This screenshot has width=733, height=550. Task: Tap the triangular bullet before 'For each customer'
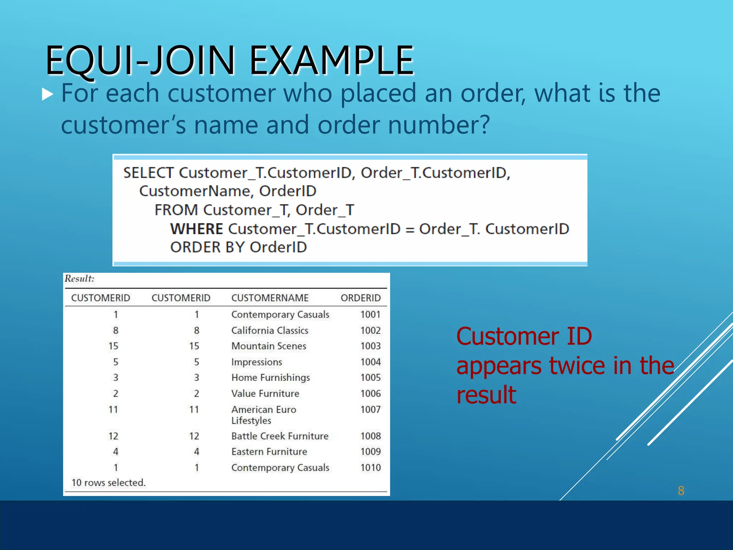tap(47, 94)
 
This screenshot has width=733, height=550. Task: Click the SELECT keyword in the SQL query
tap(149, 173)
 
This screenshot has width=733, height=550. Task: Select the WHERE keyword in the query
tap(196, 229)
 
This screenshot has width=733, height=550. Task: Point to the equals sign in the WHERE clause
tap(409, 230)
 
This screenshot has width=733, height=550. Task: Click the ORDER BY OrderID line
tap(238, 247)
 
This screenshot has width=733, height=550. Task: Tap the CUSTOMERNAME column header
tap(270, 298)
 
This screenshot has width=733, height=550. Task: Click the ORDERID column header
tap(360, 298)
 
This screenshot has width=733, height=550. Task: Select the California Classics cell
tap(270, 331)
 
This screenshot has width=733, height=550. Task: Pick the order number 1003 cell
tap(370, 346)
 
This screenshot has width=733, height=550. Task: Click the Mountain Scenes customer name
tap(269, 346)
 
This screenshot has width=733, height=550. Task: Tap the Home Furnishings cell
tap(271, 378)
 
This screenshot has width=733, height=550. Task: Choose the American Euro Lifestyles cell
tap(264, 415)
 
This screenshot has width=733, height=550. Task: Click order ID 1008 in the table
tap(370, 436)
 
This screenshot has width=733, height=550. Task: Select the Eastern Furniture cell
tap(269, 452)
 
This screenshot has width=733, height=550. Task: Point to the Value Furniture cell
tap(265, 394)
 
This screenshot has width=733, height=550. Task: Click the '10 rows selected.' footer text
tap(108, 483)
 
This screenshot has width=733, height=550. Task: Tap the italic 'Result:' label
tap(79, 279)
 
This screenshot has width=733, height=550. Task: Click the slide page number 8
tap(681, 491)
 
